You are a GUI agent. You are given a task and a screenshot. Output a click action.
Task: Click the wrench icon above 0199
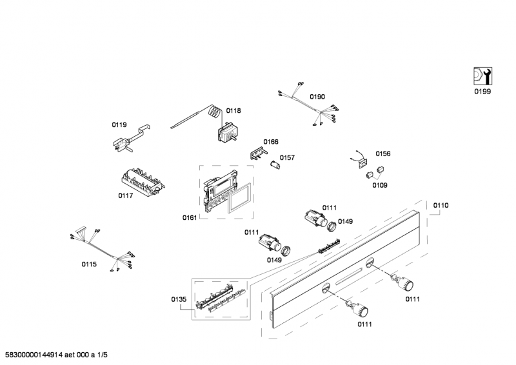coord(482,76)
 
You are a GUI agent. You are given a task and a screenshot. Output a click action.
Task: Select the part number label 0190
coord(317,97)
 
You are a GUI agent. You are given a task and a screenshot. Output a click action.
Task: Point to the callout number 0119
coord(119,126)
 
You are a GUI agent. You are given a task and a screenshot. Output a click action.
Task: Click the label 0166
coord(270,141)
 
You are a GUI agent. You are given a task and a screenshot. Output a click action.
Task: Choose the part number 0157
coord(287,157)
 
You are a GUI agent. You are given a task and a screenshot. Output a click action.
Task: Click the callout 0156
coord(383,153)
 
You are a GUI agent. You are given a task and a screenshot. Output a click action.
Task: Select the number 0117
coord(126,195)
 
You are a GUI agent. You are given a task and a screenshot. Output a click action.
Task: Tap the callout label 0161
coord(190,218)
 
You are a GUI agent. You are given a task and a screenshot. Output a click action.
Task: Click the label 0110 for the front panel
coord(441,205)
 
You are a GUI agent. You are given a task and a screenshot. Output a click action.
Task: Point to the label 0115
coord(89,264)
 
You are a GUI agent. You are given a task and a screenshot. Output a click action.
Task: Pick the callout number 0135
coord(179,299)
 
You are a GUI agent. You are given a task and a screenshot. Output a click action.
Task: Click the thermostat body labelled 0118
coord(226,133)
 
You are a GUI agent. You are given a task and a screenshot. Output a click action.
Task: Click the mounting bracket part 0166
coord(258,152)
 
